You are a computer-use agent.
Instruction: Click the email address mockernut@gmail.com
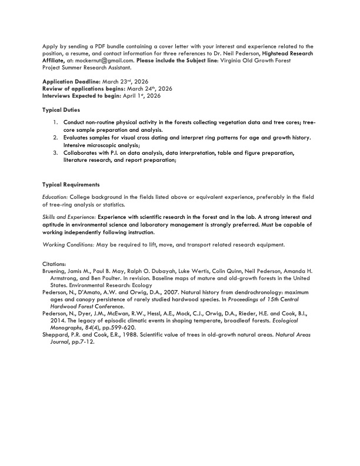[111, 60]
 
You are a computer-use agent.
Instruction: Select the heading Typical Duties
[62, 110]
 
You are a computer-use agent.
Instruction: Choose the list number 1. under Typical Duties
[55, 123]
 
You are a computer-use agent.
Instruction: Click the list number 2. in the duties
[55, 138]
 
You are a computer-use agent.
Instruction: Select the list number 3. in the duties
[55, 153]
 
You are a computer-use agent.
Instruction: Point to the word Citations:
[55, 264]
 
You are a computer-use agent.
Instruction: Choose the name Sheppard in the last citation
[56, 334]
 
